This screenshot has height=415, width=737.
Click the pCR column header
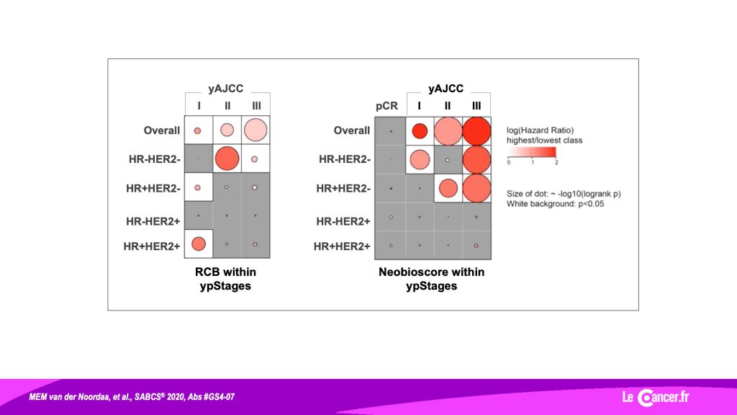tap(386, 107)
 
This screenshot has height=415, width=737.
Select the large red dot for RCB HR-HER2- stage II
tap(227, 159)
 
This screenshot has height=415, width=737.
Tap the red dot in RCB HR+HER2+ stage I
tap(199, 244)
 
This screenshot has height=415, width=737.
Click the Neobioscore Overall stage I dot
tap(420, 131)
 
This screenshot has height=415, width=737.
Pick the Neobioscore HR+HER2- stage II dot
tap(448, 188)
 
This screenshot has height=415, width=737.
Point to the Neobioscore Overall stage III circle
tap(476, 131)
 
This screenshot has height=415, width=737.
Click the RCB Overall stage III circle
tap(256, 130)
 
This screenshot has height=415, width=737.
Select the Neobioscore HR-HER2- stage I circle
tap(420, 159)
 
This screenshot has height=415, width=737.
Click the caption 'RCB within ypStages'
tap(225, 279)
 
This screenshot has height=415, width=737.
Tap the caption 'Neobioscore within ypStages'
tap(432, 279)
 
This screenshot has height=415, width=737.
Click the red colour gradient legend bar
tap(532, 152)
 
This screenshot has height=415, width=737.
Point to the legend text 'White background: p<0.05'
tap(555, 204)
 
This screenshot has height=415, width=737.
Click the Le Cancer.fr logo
tap(656, 397)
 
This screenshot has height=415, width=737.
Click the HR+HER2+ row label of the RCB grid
tap(152, 246)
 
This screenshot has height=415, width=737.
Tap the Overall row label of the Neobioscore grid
tap(351, 130)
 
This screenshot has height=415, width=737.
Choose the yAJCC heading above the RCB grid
tap(226, 89)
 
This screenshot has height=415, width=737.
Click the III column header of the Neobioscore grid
tap(476, 106)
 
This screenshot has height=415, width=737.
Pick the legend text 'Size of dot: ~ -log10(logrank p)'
tap(564, 193)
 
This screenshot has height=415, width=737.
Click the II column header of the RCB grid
tap(227, 106)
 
